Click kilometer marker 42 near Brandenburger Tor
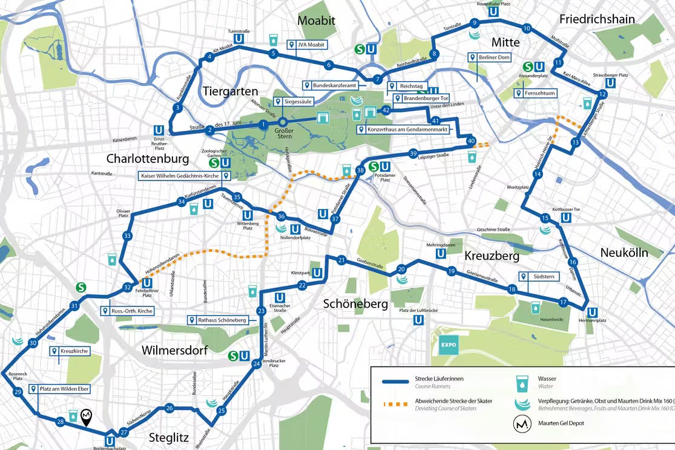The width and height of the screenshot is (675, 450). (x=386, y=110)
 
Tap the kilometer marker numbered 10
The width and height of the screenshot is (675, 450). (x=527, y=28)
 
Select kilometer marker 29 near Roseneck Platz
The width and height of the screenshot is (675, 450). (x=18, y=392)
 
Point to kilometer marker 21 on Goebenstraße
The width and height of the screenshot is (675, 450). (x=341, y=261)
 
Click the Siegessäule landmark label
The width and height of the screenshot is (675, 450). (x=294, y=102)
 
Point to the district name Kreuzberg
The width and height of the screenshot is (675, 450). (x=492, y=256)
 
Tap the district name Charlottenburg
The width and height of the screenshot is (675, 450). (x=148, y=159)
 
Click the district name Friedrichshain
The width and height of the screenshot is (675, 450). (x=596, y=19)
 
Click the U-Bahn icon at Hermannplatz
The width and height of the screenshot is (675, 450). (x=593, y=313)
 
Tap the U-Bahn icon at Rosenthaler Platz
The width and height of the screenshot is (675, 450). (x=493, y=12)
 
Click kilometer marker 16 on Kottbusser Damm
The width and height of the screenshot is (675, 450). (x=573, y=262)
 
